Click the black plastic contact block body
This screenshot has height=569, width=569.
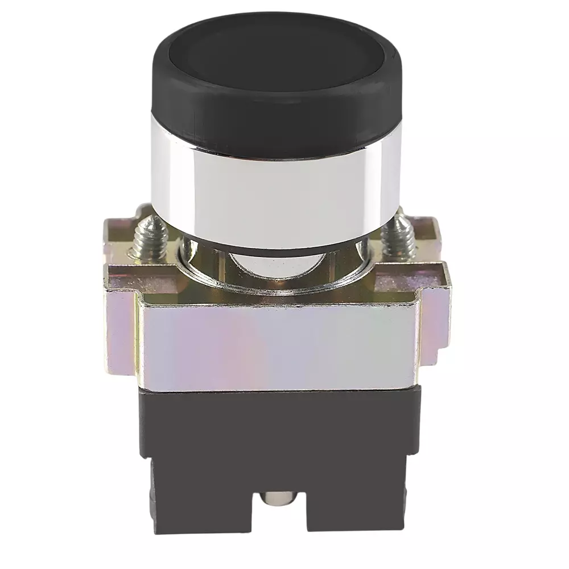[x=279, y=432]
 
